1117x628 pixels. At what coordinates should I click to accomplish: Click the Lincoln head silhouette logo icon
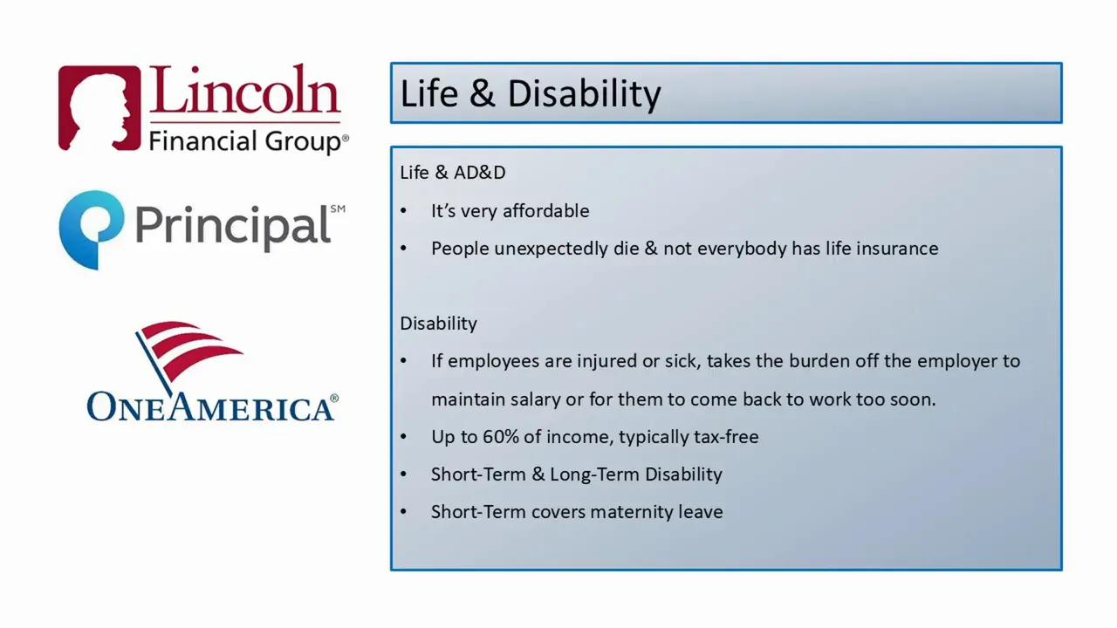pyautogui.click(x=99, y=108)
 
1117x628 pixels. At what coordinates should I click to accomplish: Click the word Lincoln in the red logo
pyautogui.click(x=244, y=92)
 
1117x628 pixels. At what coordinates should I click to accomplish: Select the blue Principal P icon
pyautogui.click(x=91, y=229)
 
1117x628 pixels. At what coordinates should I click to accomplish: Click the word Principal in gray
pyautogui.click(x=232, y=227)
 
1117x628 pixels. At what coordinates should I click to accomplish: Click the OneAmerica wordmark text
pyautogui.click(x=211, y=407)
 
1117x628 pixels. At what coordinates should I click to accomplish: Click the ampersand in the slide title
pyautogui.click(x=482, y=94)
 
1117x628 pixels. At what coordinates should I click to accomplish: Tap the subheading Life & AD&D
pyautogui.click(x=452, y=173)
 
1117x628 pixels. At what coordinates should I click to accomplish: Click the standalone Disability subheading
pyautogui.click(x=438, y=324)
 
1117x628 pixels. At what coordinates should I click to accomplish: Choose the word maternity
pyautogui.click(x=624, y=512)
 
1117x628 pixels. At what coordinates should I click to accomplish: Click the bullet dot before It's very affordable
pyautogui.click(x=403, y=212)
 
